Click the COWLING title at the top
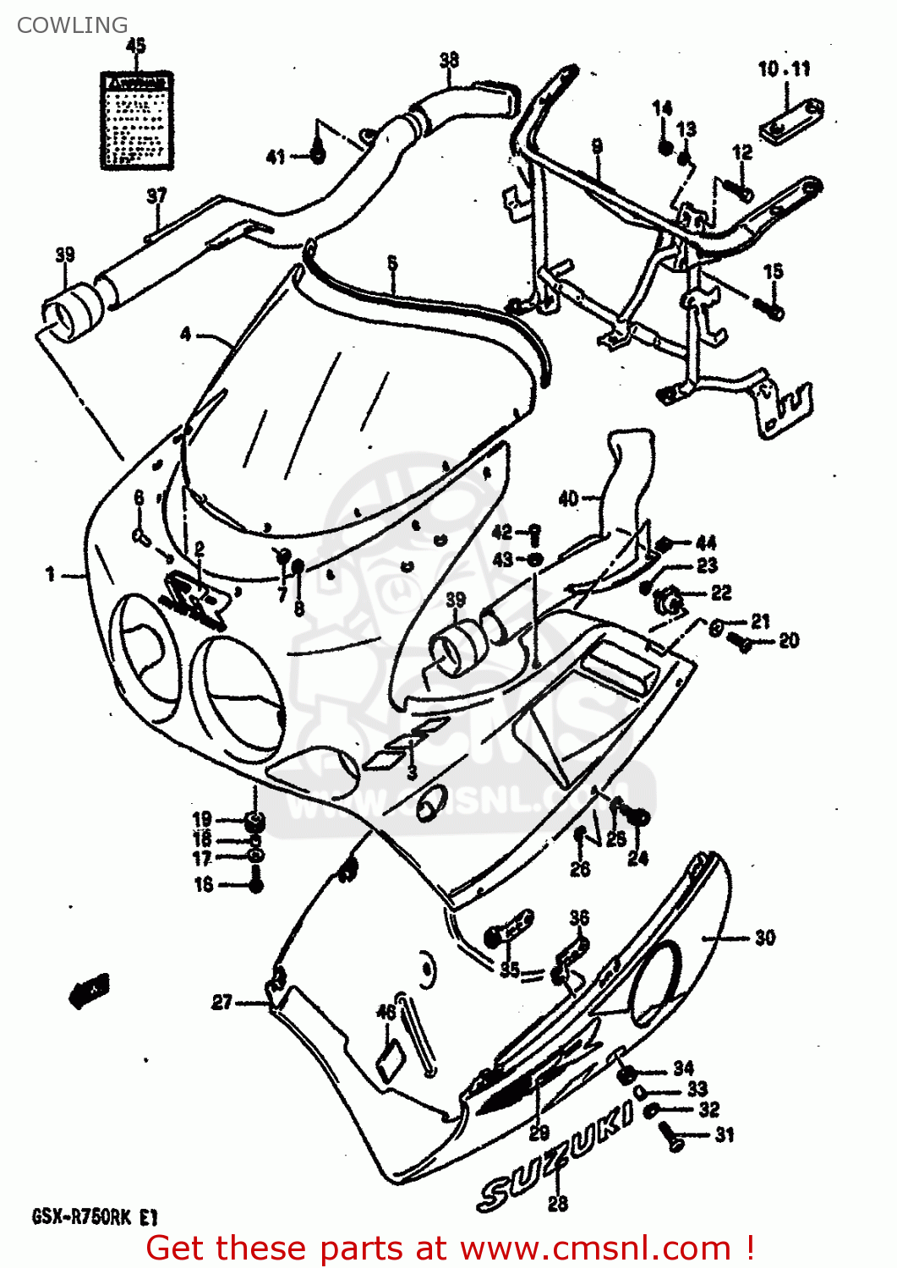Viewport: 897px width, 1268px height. tap(72, 25)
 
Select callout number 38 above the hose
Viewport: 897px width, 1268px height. tap(449, 59)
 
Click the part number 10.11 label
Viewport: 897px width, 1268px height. tap(784, 69)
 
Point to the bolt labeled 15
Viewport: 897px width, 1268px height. tap(773, 309)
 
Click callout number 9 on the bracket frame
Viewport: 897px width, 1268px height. tap(597, 146)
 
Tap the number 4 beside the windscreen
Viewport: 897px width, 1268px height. tap(186, 334)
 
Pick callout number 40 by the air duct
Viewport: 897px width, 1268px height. tap(568, 499)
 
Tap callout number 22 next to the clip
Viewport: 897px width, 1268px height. tap(720, 593)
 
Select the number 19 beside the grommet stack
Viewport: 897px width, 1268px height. tap(202, 818)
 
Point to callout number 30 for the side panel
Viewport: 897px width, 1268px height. tap(764, 937)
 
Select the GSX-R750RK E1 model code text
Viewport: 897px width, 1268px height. tap(95, 1217)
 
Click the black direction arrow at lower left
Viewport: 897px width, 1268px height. tap(89, 990)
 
